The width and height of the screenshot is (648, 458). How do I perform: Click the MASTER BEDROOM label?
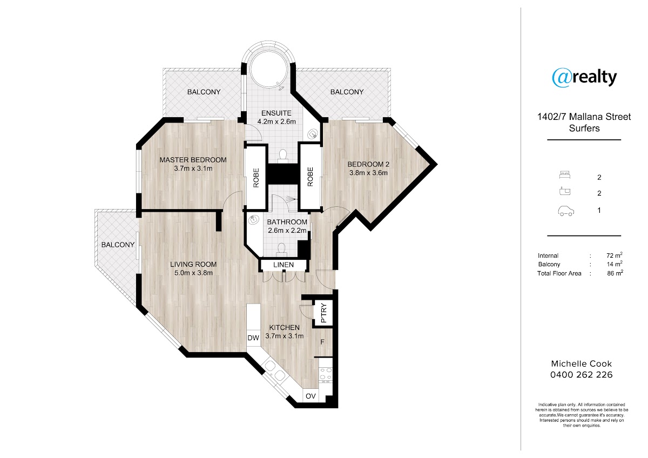[193, 160]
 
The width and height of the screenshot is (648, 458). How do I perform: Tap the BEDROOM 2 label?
[368, 164]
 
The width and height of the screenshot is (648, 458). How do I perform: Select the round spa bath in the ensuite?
[268, 71]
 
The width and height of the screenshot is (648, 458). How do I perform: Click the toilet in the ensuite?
[282, 155]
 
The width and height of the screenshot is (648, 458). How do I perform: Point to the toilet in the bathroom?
[281, 250]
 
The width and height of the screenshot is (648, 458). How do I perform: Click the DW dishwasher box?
[253, 338]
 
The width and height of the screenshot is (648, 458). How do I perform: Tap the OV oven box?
[310, 396]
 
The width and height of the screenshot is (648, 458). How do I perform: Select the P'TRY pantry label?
[323, 313]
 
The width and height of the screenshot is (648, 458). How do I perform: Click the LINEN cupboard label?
[283, 265]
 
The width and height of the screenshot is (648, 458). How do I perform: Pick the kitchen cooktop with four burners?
[326, 375]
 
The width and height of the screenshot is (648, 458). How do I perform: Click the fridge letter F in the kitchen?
[322, 342]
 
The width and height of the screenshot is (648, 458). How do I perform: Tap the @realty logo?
[584, 77]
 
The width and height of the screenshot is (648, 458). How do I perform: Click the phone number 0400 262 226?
[582, 375]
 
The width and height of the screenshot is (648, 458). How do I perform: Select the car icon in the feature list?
[566, 211]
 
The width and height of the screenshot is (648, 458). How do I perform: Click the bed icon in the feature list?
[565, 175]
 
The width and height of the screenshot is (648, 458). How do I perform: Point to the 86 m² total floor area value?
[615, 273]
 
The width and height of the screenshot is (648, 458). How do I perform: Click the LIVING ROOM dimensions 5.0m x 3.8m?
[193, 273]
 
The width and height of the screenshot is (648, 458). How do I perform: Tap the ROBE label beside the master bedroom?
[256, 178]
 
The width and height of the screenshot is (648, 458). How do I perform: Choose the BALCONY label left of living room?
[118, 245]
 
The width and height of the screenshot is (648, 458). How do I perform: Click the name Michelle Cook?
[582, 363]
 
